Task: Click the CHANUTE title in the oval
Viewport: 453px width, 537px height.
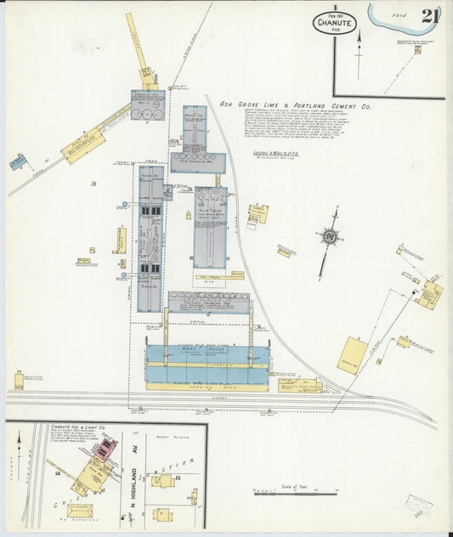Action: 333,24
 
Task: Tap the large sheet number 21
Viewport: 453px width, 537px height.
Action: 428,16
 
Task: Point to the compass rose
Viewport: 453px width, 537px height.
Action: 329,236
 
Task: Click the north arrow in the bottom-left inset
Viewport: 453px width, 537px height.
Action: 19,442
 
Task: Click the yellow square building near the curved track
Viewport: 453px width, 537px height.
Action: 352,354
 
